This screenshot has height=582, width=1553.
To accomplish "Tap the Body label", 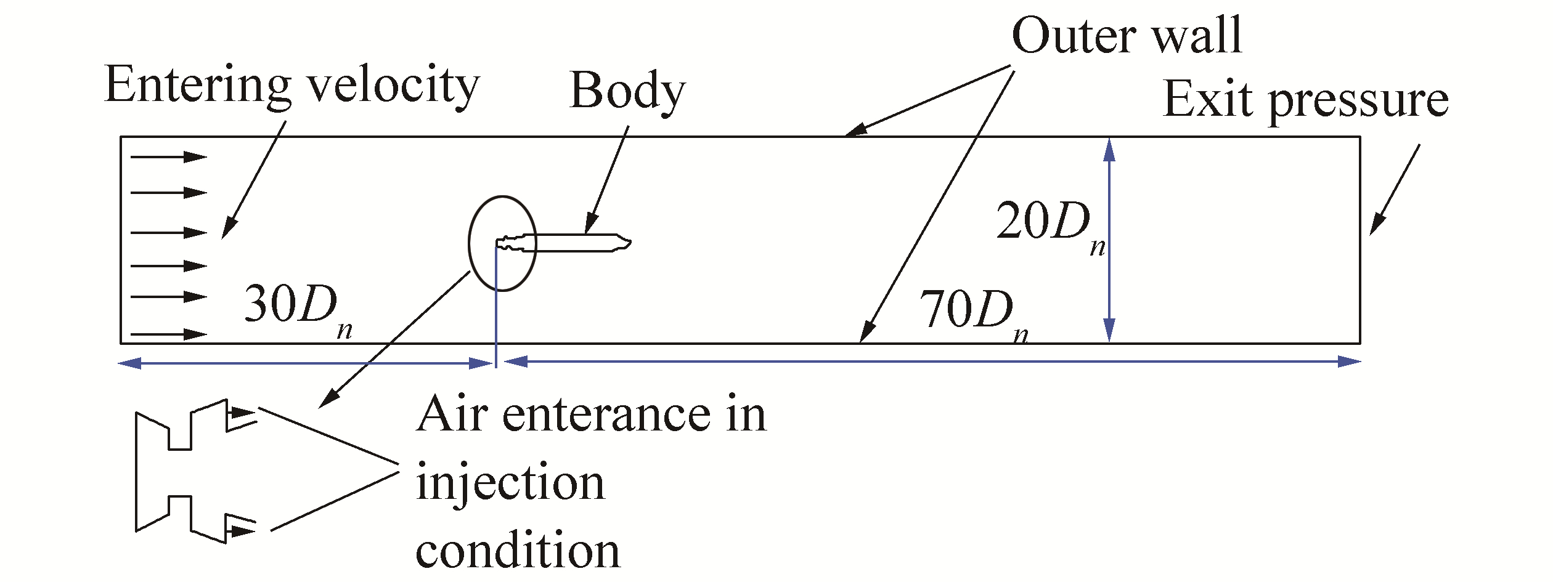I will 627,91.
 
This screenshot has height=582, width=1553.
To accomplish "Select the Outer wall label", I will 1127,36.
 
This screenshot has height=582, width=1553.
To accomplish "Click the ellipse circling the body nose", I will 470,243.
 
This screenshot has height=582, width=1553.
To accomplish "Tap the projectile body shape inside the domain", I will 573,243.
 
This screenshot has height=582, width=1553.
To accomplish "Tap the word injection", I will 510,483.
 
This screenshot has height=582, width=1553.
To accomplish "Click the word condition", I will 518,550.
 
